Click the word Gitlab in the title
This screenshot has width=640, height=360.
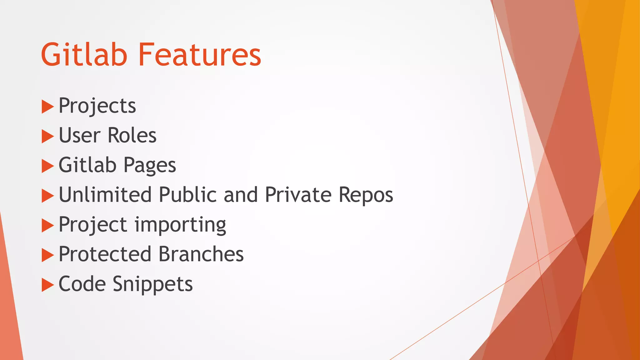pos(84,55)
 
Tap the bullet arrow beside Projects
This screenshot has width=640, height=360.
pos(47,107)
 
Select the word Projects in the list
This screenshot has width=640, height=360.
pos(97,106)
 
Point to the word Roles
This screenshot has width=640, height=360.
pos(132,135)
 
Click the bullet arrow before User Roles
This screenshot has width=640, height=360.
pos(47,136)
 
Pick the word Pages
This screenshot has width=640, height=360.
pos(150,165)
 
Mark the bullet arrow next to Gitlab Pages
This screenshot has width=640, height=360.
pos(47,166)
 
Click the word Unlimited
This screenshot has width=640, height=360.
pos(105,195)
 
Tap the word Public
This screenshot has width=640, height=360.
pos(187,195)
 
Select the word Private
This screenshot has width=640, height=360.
pos(298,195)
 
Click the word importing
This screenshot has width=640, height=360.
pos(180,225)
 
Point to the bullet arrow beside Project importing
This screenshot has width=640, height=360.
pos(47,225)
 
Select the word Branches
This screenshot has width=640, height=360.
pos(201,254)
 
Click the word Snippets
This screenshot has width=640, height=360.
pos(152,284)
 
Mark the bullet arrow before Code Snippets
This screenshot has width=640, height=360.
pos(47,285)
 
